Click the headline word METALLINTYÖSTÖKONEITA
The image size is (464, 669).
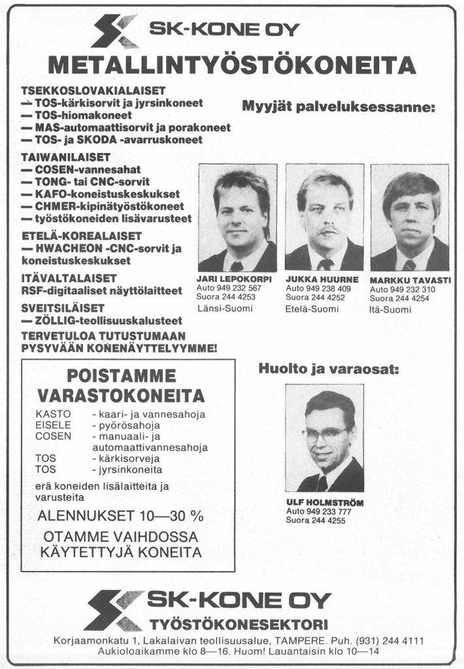click(232, 65)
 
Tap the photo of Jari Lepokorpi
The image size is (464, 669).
click(237, 217)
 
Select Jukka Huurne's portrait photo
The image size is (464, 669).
click(324, 217)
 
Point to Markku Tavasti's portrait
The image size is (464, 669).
click(410, 217)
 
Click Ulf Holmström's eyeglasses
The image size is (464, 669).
click(326, 434)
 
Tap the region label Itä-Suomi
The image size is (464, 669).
click(391, 309)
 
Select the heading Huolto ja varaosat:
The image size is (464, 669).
click(328, 369)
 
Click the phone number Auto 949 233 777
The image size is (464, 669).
click(319, 511)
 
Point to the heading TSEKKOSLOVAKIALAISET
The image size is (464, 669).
click(93, 90)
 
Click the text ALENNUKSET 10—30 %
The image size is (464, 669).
click(121, 515)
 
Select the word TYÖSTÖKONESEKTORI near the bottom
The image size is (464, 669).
click(239, 622)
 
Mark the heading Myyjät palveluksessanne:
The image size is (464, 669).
click(339, 107)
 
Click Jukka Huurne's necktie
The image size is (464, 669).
click(325, 264)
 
